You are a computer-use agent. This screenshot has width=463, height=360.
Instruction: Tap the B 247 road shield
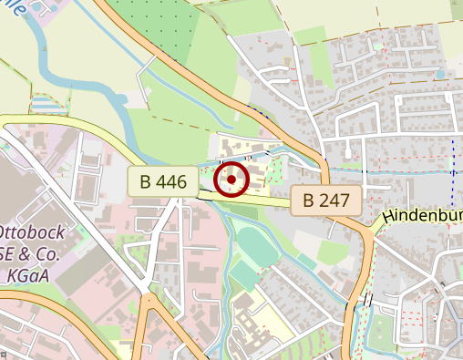tap(326, 200)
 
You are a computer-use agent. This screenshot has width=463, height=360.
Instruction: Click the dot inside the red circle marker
tap(231, 180)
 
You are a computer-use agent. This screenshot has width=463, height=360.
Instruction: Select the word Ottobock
tap(30, 231)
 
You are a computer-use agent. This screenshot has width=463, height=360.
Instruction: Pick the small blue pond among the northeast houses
tap(441, 74)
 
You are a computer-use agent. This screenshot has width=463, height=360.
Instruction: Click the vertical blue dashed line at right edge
tap(453, 173)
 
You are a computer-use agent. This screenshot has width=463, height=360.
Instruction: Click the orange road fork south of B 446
tap(146, 296)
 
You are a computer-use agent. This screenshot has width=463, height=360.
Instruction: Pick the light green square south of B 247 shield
tap(332, 251)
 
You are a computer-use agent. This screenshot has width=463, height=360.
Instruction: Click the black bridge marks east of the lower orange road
tap(367, 300)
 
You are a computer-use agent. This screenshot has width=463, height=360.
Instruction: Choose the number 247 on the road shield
tap(334, 200)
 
